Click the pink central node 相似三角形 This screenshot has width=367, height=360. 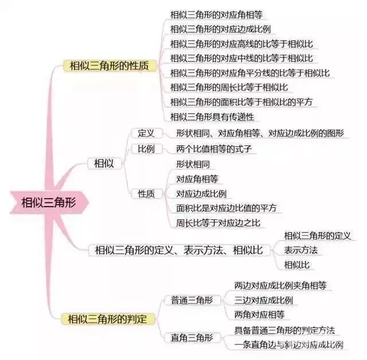(49, 202)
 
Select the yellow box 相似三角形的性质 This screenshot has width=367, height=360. (110, 65)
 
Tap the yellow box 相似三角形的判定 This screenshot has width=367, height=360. (108, 319)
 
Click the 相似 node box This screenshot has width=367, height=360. (104, 164)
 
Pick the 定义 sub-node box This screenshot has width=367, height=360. (146, 133)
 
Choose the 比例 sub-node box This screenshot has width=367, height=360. (146, 149)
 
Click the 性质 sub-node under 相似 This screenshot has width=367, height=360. (146, 194)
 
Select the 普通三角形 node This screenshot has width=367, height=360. (192, 300)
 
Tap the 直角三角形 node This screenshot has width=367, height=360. (192, 338)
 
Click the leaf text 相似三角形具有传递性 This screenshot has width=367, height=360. (212, 117)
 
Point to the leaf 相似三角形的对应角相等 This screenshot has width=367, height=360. (216, 15)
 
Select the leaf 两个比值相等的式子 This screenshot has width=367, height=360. (214, 149)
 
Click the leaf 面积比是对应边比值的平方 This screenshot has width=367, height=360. (227, 208)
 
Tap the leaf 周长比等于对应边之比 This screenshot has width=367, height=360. (218, 223)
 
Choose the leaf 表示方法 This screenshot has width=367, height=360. (301, 250)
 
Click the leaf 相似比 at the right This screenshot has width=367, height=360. (297, 265)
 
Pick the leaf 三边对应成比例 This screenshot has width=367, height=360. (264, 300)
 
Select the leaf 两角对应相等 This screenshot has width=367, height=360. (260, 315)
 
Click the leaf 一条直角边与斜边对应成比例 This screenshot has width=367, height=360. (289, 344)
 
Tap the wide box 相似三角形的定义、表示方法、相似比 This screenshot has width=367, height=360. (179, 250)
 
